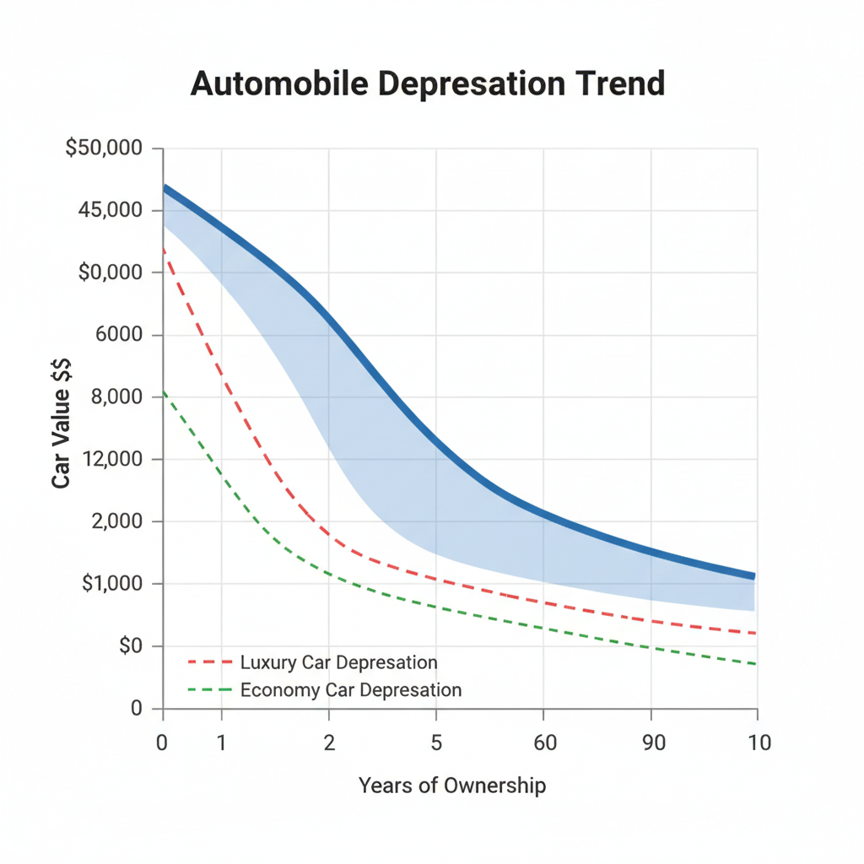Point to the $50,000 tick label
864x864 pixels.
pyautogui.click(x=105, y=148)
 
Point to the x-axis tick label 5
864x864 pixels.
pyautogui.click(x=436, y=742)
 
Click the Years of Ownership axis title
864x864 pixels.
pyautogui.click(x=451, y=786)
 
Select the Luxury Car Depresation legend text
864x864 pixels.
pyautogui.click(x=338, y=662)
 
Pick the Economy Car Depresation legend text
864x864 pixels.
pyautogui.click(x=351, y=690)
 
